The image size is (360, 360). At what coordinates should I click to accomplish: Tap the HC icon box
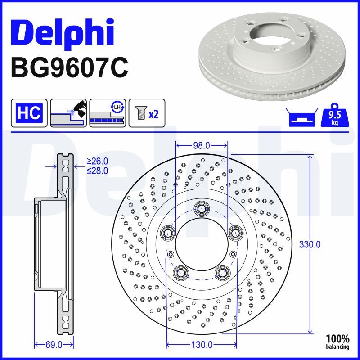coord(29,112)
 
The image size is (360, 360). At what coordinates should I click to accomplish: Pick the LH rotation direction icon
coord(108,112)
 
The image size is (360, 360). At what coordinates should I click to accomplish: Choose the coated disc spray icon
coord(68,112)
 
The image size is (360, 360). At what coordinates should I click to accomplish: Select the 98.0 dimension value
coord(201,145)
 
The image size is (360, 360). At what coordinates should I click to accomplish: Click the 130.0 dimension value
coord(202,345)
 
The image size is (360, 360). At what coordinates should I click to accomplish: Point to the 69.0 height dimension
coord(54,345)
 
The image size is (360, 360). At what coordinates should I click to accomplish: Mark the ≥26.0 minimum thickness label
coord(98,161)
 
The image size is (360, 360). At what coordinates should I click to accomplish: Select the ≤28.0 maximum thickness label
coord(98,170)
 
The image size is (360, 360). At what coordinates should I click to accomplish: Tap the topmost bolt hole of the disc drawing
coord(201,208)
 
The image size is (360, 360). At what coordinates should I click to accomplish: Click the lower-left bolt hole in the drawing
coord(181,271)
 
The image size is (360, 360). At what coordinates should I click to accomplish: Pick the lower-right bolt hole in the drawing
coord(222,271)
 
